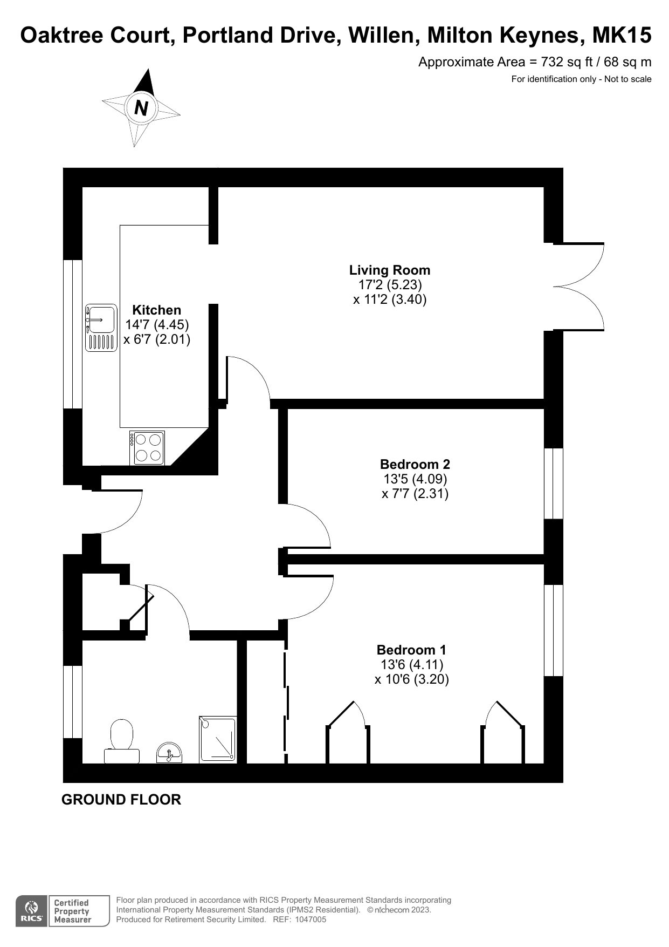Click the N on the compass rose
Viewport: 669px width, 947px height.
pyautogui.click(x=141, y=108)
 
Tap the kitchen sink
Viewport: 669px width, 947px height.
pyautogui.click(x=101, y=328)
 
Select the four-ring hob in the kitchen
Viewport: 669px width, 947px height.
pyautogui.click(x=147, y=448)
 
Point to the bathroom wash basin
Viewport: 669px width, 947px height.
pyautogui.click(x=169, y=753)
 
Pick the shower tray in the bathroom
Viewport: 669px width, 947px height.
pyautogui.click(x=218, y=739)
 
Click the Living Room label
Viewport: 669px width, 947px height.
pyautogui.click(x=390, y=270)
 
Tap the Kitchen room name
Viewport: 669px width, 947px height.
pyautogui.click(x=157, y=310)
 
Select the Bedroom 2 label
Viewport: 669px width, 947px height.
pyautogui.click(x=415, y=464)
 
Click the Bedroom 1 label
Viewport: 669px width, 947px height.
pyautogui.click(x=411, y=650)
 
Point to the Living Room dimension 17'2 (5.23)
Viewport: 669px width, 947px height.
pyautogui.click(x=390, y=284)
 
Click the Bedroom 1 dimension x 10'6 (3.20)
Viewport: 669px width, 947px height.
pyautogui.click(x=412, y=679)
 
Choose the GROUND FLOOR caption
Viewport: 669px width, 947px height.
pyautogui.click(x=121, y=800)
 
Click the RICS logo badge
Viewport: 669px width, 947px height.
pyautogui.click(x=31, y=911)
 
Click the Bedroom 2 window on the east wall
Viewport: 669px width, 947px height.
pyautogui.click(x=554, y=483)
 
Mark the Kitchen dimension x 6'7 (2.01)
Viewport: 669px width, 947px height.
pyautogui.click(x=157, y=339)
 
